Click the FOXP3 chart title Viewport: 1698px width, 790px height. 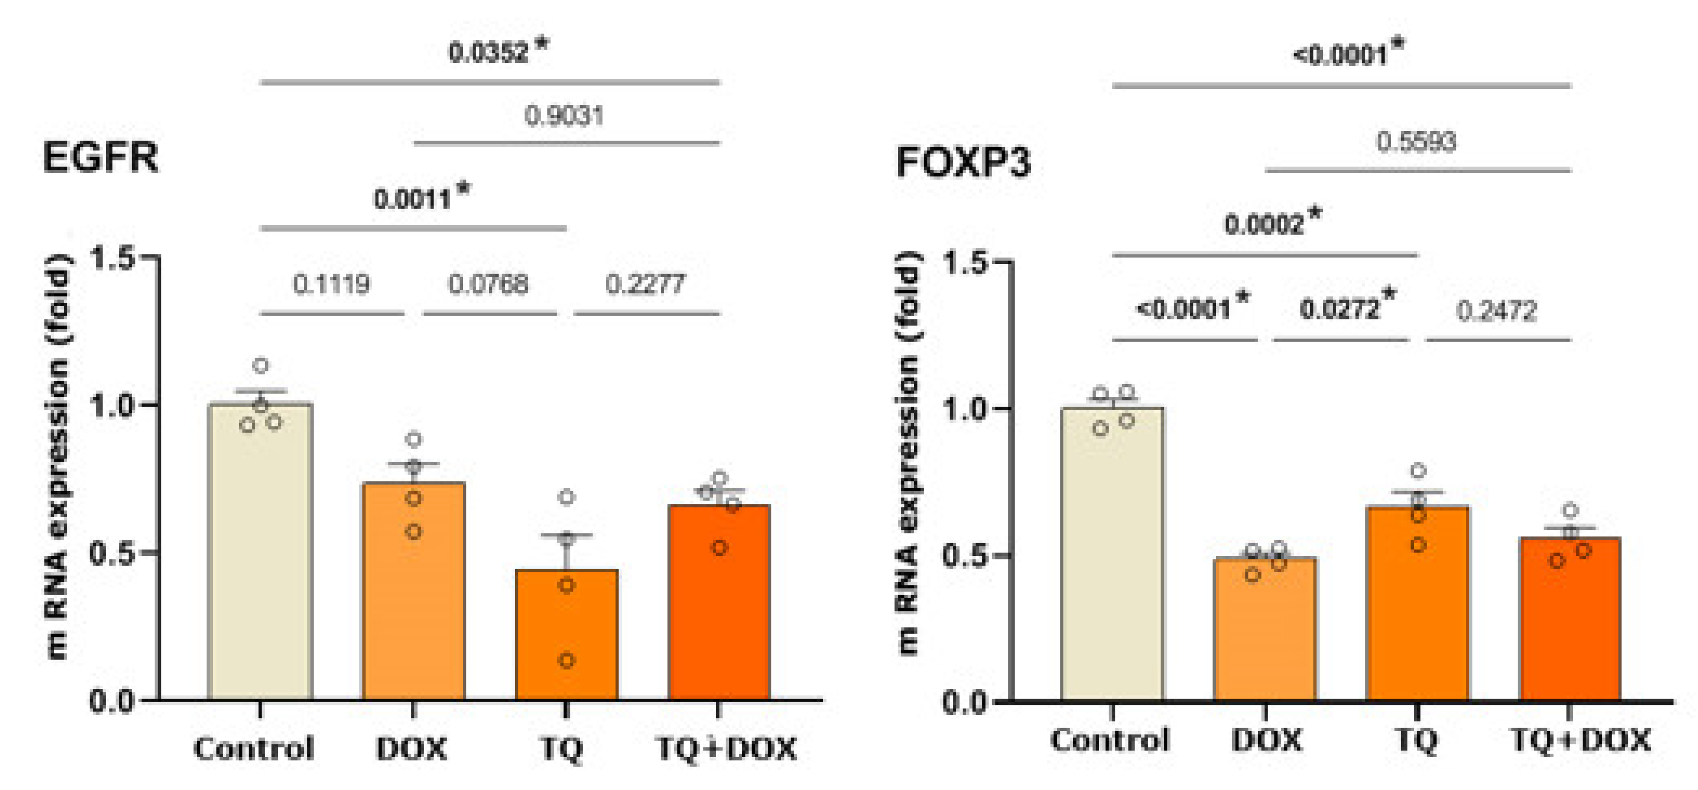coord(962,162)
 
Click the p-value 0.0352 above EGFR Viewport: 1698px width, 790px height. coord(489,53)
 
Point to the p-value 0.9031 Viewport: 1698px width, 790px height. coord(564,116)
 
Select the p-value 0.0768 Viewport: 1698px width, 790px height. coord(488,285)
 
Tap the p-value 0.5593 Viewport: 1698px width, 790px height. coord(1416,142)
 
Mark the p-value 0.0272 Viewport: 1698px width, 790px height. coord(1340,308)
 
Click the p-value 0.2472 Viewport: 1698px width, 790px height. coord(1496,311)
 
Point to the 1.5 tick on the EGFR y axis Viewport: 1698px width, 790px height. coord(112,258)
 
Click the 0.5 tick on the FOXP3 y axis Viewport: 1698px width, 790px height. coord(964,555)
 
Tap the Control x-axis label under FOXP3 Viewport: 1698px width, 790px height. coord(1109,740)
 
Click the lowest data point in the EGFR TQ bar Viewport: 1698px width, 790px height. coord(566,660)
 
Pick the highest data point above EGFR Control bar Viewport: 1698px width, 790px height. coord(261,366)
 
